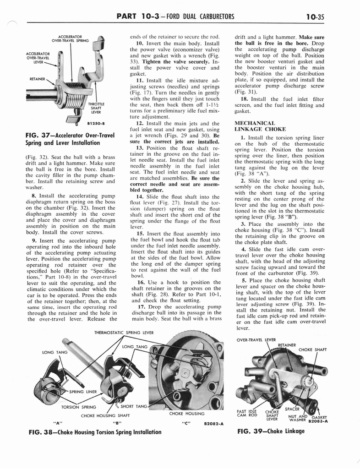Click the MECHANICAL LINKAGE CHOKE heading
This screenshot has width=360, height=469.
[x=261, y=126]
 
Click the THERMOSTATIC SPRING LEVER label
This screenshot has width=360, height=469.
[x=124, y=333]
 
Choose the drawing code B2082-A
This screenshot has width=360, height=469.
[x=213, y=424]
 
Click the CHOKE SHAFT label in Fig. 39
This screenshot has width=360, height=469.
[x=313, y=350]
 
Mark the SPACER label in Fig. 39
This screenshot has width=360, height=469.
[x=292, y=409]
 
